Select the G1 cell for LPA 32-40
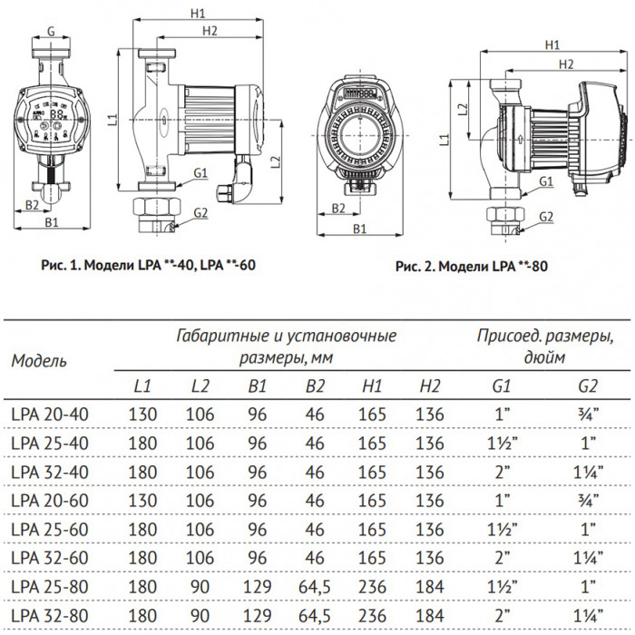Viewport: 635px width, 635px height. click(x=500, y=473)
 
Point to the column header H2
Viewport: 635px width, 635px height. click(x=430, y=386)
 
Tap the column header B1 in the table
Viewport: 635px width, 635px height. click(x=259, y=386)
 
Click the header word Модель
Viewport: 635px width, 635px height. click(x=39, y=360)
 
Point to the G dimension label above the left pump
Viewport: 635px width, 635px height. click(x=51, y=32)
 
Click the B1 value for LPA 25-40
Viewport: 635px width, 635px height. click(x=259, y=444)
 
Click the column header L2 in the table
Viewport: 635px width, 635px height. click(x=200, y=386)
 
